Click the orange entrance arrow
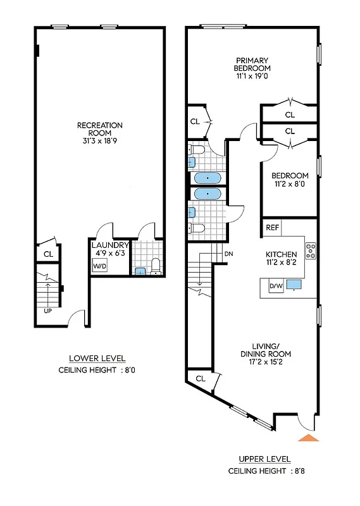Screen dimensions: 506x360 pyautogui.click(x=308, y=438)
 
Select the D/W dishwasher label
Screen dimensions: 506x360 pyautogui.click(x=276, y=287)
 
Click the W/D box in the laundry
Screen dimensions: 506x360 pyautogui.click(x=100, y=266)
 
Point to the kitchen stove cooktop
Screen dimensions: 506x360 pyautogui.click(x=311, y=251)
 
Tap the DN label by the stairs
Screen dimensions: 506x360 pyautogui.click(x=228, y=254)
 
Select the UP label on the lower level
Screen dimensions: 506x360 pyautogui.click(x=47, y=311)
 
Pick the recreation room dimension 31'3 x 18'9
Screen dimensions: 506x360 pyautogui.click(x=100, y=142)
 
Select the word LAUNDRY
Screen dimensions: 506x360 pyautogui.click(x=110, y=245)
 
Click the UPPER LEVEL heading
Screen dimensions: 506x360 pyautogui.click(x=264, y=459)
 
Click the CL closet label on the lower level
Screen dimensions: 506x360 pyautogui.click(x=48, y=254)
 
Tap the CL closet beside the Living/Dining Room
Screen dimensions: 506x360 pyautogui.click(x=201, y=378)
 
